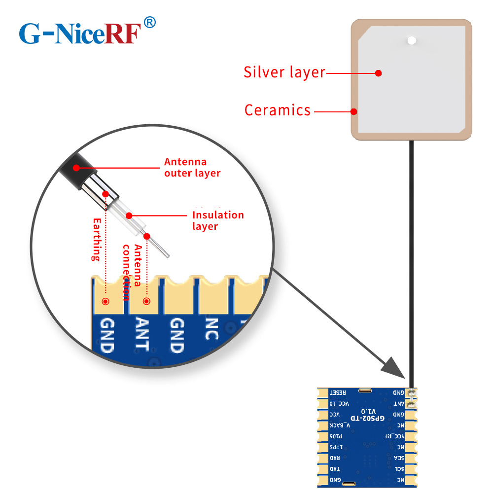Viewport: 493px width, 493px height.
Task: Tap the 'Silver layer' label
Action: [x=284, y=72]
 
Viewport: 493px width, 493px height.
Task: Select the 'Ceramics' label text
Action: [x=278, y=110]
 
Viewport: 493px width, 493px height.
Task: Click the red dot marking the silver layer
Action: [x=378, y=73]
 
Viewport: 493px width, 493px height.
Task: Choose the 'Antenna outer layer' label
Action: [x=192, y=167]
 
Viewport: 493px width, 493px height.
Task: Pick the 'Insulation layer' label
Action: [x=217, y=220]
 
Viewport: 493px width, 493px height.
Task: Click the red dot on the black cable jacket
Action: [x=76, y=168]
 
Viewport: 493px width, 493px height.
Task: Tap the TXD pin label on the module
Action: [x=334, y=469]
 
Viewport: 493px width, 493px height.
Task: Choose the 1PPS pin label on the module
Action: [x=335, y=447]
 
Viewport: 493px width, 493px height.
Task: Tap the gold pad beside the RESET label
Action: [x=322, y=392]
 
